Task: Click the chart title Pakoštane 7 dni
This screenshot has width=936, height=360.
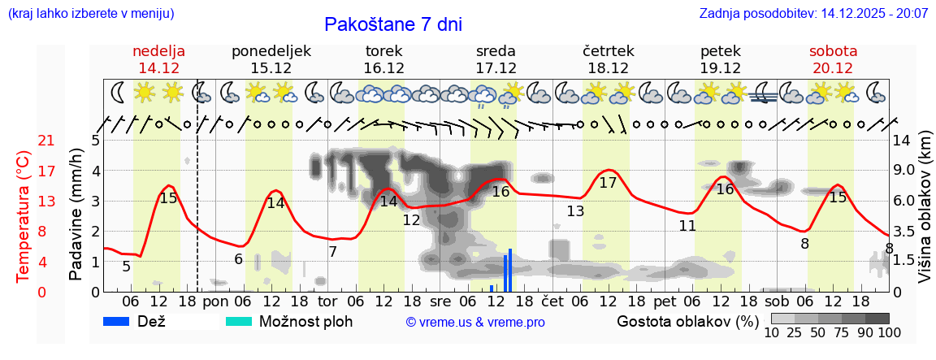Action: coord(392,24)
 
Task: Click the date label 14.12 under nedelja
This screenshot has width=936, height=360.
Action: coord(158,68)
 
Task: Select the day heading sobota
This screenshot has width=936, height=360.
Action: coord(833,51)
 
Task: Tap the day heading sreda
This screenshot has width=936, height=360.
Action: coord(496,51)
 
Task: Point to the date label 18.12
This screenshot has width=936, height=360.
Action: coord(608,68)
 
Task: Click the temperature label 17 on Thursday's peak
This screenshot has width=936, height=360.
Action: coord(608,183)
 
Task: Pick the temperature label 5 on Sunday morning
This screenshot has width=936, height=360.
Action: coord(126,267)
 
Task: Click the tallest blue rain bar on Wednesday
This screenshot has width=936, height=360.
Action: coord(510,270)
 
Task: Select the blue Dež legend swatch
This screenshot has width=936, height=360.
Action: coord(117,321)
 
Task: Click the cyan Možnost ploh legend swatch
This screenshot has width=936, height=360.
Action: coord(239,321)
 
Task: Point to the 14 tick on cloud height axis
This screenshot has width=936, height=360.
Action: coord(902,141)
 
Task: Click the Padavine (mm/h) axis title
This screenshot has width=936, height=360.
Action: coord(76,215)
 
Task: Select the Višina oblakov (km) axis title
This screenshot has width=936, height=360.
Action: coord(925,215)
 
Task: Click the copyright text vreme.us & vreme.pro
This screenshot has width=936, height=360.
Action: coord(475,322)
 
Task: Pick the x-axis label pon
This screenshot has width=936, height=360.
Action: coord(215,301)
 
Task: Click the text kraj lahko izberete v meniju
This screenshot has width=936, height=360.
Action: coord(89,14)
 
